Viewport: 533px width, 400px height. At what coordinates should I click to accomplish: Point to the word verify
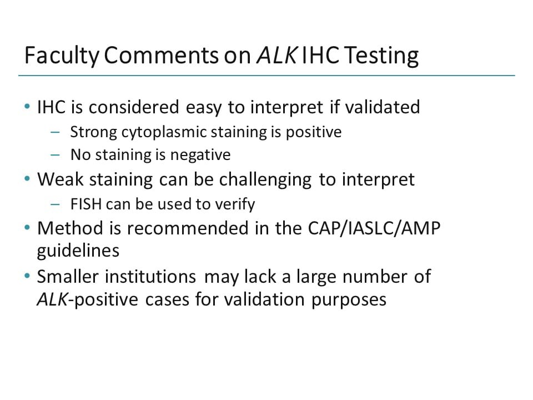(x=234, y=204)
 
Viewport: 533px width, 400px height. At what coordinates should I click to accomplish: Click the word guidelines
(x=78, y=251)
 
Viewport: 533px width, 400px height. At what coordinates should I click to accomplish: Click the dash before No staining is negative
(x=54, y=154)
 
